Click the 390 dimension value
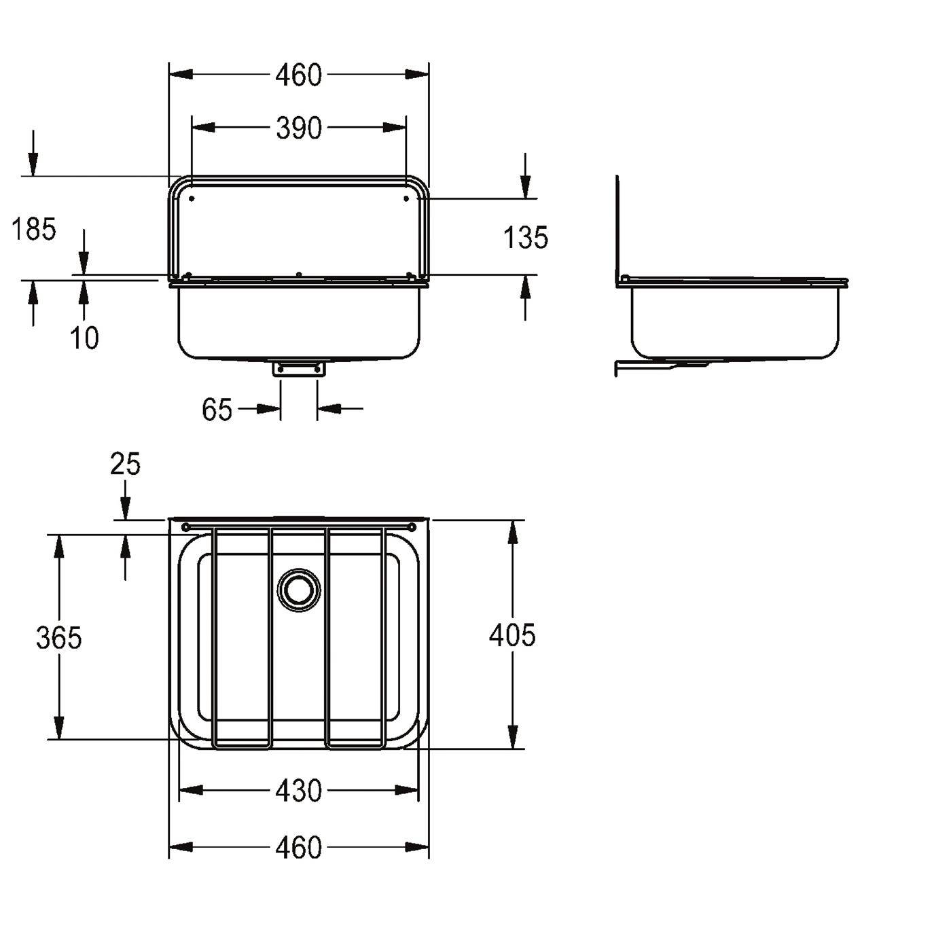[x=299, y=128]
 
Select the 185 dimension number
[x=33, y=230]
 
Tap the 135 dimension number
[x=526, y=237]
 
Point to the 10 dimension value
[x=84, y=338]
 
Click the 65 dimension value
[x=217, y=409]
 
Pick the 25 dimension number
[x=125, y=464]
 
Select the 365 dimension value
[x=58, y=637]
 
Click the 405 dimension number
[x=512, y=634]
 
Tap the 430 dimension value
[x=299, y=791]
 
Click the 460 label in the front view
[x=299, y=75]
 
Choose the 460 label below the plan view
[x=299, y=847]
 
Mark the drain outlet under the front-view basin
[x=299, y=369]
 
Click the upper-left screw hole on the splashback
[x=192, y=199]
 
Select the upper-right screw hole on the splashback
[x=406, y=199]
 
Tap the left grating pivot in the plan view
[x=185, y=528]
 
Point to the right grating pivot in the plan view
[x=412, y=528]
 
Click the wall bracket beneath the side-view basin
[x=662, y=365]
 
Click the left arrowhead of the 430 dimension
[x=190, y=791]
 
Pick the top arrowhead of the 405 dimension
[x=513, y=533]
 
